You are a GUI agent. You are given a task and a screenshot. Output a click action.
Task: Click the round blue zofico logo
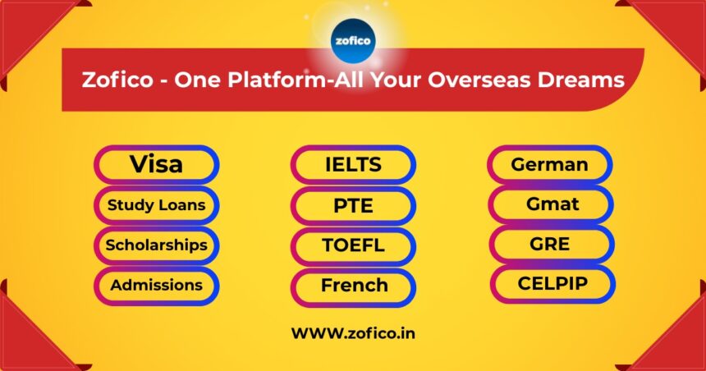(x=353, y=41)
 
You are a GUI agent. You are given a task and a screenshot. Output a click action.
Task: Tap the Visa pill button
(x=157, y=164)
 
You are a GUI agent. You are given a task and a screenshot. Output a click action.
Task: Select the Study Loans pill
(x=157, y=205)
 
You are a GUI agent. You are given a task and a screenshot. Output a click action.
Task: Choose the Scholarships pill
(x=157, y=245)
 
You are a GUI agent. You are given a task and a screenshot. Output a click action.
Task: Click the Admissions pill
(x=157, y=286)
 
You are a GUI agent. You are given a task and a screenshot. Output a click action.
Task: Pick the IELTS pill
(x=354, y=165)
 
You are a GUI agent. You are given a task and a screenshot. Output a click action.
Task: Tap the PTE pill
(x=354, y=206)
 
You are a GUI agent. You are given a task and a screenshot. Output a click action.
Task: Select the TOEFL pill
(x=354, y=246)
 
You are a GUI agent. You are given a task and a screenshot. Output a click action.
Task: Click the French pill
(x=354, y=286)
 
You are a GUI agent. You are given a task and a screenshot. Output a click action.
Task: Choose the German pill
(x=550, y=164)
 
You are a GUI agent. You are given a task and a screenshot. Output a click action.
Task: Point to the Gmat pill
(x=551, y=204)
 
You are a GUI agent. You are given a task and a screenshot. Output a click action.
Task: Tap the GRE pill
(x=552, y=244)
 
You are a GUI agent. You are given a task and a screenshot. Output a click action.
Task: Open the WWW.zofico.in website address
(x=354, y=333)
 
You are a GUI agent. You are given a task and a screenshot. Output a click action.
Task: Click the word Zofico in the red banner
(x=118, y=80)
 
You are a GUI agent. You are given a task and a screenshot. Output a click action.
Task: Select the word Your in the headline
(x=396, y=80)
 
